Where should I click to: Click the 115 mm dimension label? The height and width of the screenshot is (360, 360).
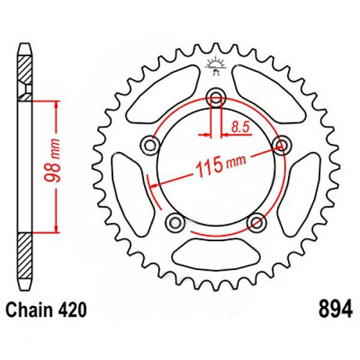point(221,165)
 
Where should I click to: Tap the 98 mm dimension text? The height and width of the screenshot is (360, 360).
point(53,161)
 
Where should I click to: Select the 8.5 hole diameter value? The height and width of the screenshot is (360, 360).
point(240,127)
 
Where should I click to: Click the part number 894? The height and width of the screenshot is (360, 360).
point(336,309)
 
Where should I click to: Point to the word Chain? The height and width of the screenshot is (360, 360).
point(30,310)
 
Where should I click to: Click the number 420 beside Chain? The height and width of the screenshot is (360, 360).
point(72,310)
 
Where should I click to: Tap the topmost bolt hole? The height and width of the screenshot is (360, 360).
point(216,98)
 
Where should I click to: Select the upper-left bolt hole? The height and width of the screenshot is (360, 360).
point(150,145)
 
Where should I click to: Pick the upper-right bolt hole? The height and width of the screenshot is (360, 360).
point(282,145)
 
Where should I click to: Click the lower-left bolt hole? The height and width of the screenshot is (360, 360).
point(175,222)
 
